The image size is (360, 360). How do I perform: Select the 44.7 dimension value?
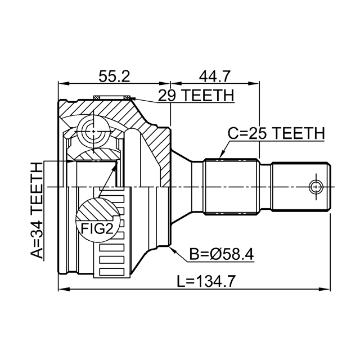[214, 76]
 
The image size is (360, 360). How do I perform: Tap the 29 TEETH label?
[195, 96]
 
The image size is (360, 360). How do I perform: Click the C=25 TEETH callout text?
[276, 133]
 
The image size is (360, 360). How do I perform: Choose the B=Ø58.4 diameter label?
[222, 254]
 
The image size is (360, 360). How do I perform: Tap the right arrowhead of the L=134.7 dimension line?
[326, 290]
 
